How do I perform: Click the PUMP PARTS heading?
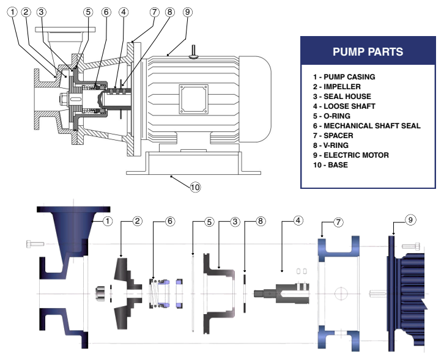368,51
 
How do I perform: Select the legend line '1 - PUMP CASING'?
344,77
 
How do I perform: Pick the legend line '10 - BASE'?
330,165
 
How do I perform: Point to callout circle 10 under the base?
195,187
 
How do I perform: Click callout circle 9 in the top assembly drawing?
187,12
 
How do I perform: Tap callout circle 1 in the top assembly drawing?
13,12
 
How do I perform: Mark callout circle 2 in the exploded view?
138,221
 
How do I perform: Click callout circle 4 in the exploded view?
298,221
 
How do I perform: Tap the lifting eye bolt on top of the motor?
194,52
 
